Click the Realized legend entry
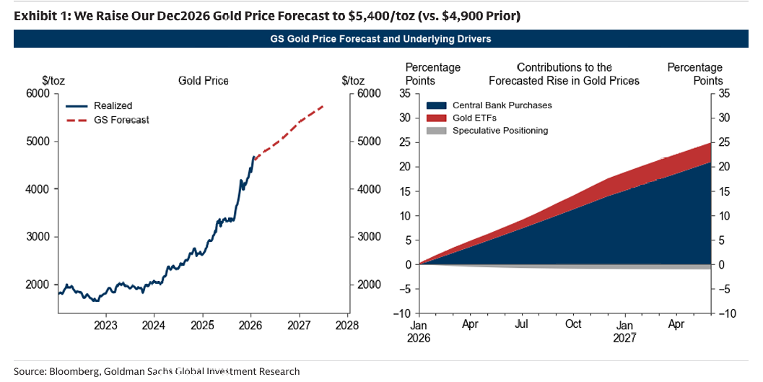[113, 105]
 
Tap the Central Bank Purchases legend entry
[501, 105]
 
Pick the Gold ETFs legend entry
[474, 118]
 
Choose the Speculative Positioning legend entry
[500, 131]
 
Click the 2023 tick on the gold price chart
[106, 325]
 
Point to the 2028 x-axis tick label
[348, 325]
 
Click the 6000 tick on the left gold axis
[38, 94]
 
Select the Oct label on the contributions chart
[574, 325]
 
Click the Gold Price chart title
[204, 80]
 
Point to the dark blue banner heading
[380, 38]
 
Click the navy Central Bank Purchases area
[614, 231]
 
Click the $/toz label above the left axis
[53, 80]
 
